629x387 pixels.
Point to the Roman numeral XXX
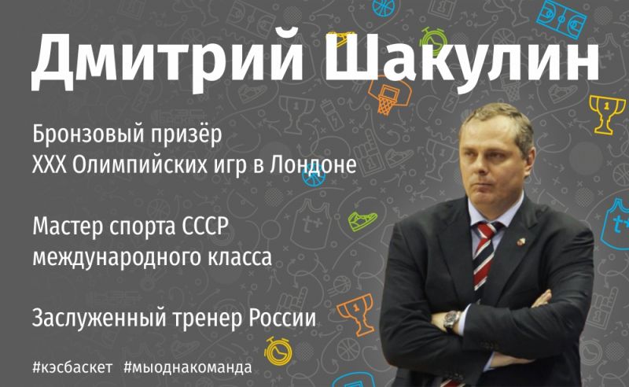click(x=49, y=164)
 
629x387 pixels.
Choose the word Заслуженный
click(x=99, y=318)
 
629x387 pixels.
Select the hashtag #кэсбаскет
click(x=72, y=367)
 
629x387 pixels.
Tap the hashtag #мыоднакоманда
click(x=188, y=367)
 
